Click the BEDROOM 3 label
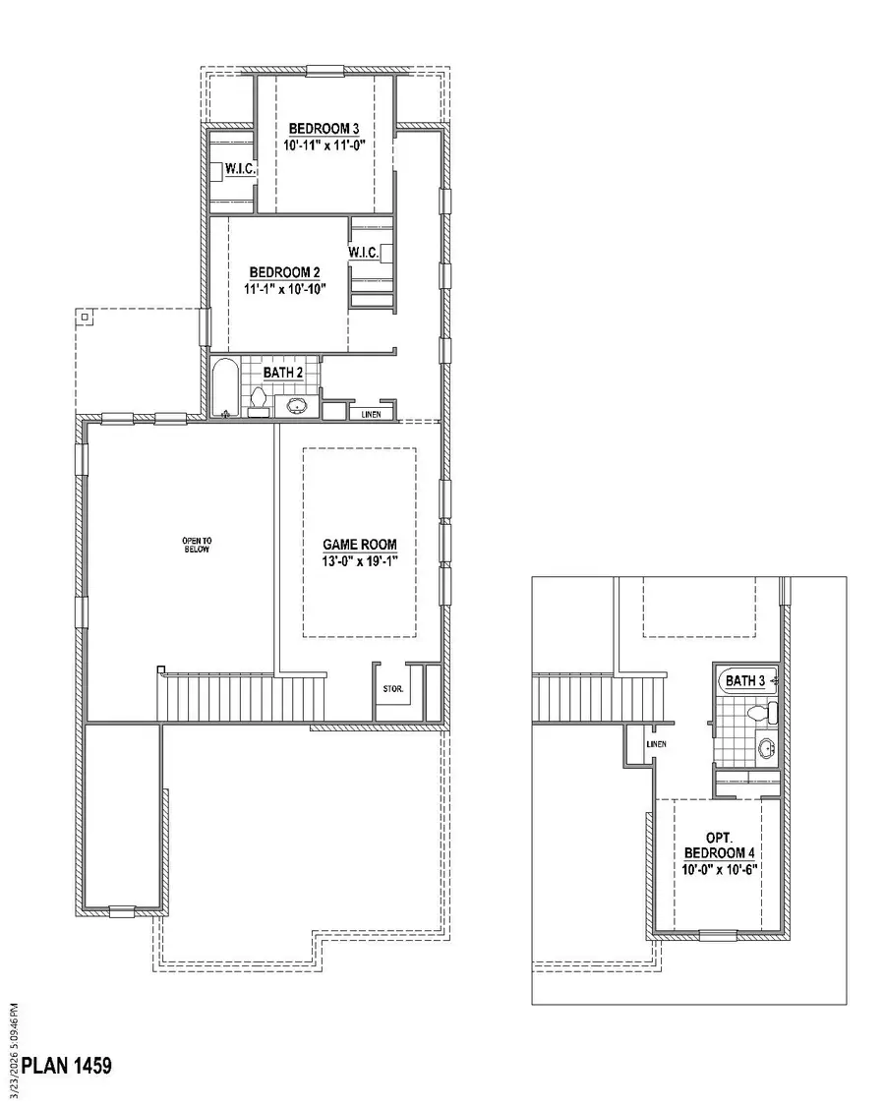tap(324, 129)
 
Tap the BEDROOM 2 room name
tap(285, 272)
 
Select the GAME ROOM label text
tap(360, 544)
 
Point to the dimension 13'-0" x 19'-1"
tap(360, 560)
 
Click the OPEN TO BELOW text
tap(196, 545)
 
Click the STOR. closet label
tap(392, 689)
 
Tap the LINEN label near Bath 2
tap(371, 414)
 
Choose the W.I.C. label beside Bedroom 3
tap(241, 170)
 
